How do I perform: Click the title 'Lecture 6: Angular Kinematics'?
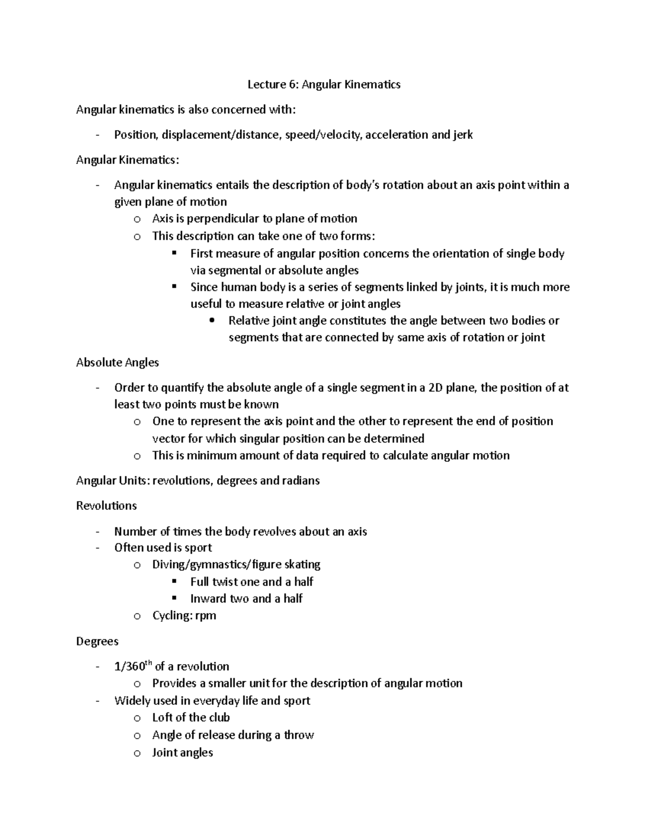pyautogui.click(x=323, y=84)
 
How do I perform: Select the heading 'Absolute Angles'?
pyautogui.click(x=117, y=363)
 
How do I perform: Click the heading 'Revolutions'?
pyautogui.click(x=106, y=506)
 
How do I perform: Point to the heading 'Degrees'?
pyautogui.click(x=97, y=642)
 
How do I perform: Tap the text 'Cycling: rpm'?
pyautogui.click(x=184, y=616)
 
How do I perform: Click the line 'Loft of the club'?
pyautogui.click(x=191, y=718)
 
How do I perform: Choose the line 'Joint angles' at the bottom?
pyautogui.click(x=183, y=753)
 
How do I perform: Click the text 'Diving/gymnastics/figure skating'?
pyautogui.click(x=236, y=564)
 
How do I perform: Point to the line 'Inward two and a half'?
pyautogui.click(x=246, y=598)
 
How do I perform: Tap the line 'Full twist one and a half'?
pyautogui.click(x=252, y=582)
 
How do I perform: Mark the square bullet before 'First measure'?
pyautogui.click(x=174, y=253)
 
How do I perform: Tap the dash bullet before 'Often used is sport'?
pyautogui.click(x=97, y=548)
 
